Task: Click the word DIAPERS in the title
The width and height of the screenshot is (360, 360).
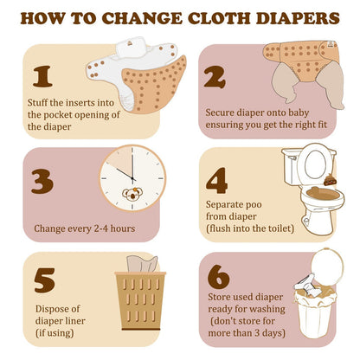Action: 298,18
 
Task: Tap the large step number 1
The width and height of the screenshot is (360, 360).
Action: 42,76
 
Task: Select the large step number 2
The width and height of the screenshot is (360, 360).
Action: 215,77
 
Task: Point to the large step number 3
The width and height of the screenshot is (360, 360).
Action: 42,181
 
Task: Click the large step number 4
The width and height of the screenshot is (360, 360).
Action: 217,181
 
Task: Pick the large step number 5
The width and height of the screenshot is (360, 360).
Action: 44,280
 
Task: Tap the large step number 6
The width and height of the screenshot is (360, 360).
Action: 219,277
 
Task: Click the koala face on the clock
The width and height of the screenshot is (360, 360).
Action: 132,194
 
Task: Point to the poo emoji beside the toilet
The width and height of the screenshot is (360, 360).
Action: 330,180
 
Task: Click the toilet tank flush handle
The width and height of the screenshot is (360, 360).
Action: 292,157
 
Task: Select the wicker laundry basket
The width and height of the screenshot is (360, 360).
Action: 140,300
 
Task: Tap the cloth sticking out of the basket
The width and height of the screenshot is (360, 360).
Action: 142,264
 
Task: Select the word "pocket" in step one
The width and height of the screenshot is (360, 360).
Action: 57,115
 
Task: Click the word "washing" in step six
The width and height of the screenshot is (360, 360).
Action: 267,309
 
